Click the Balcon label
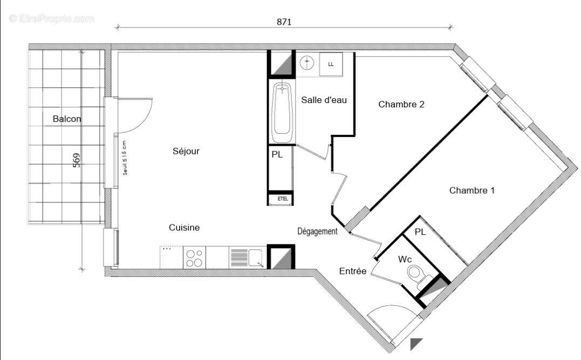67,119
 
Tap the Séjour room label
186,151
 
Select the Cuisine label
184,228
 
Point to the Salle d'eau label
324,99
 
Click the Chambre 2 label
401,104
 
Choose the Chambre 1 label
471,190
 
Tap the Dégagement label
317,231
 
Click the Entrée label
353,271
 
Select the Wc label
405,259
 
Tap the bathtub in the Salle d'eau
282,110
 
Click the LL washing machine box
331,64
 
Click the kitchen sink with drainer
246,257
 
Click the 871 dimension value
284,22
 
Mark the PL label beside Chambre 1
420,232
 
